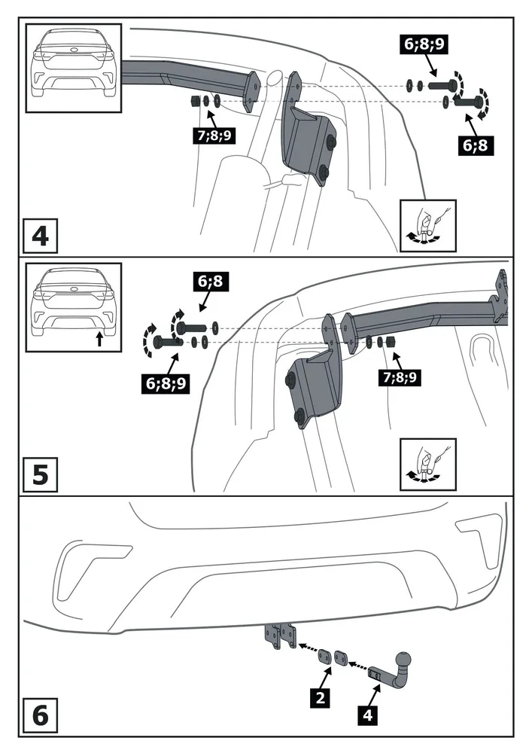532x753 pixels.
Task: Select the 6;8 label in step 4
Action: (473, 146)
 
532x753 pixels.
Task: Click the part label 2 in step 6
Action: (321, 698)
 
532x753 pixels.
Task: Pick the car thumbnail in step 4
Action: (73, 68)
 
